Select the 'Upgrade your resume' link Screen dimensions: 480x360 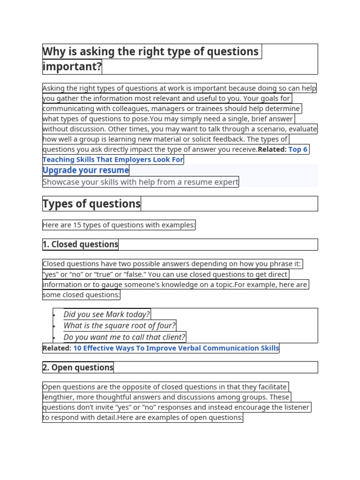coord(86,170)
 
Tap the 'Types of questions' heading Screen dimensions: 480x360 coord(91,204)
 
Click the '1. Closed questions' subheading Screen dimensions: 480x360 coord(80,244)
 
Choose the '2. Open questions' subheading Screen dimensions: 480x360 coord(78,367)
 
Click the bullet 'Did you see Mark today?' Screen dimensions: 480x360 coord(106,315)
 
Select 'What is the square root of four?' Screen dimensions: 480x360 coord(120,326)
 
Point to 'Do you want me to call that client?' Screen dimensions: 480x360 coord(125,337)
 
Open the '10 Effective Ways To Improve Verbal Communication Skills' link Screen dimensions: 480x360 coord(176,348)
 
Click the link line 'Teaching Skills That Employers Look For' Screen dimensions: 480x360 coord(113,160)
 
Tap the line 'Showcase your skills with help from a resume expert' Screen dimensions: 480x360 coord(141,182)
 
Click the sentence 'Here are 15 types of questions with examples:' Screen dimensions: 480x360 coord(119,225)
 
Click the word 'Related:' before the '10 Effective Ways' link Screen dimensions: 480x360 coord(57,348)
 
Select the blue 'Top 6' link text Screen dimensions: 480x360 coord(298,150)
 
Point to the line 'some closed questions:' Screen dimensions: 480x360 coord(81,295)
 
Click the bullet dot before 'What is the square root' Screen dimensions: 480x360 coord(55,326)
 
